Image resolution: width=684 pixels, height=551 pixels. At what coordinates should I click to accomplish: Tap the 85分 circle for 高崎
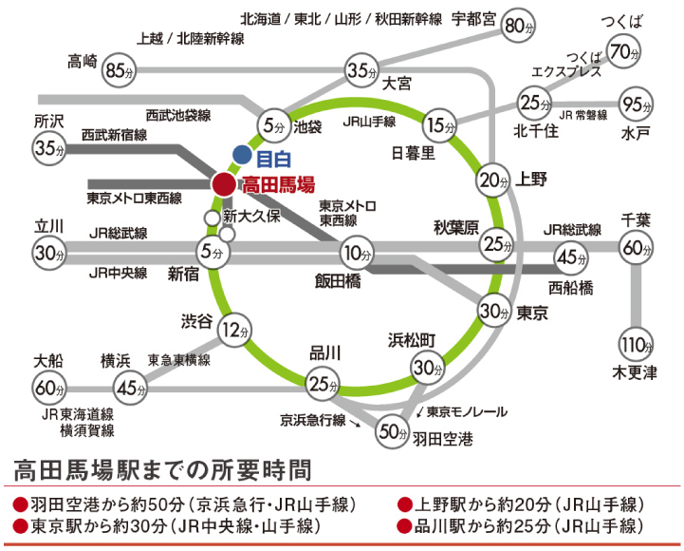[x=118, y=68]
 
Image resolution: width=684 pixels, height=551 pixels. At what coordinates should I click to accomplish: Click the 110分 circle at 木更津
[x=636, y=343]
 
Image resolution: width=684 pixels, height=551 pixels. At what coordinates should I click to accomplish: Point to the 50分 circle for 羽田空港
[x=391, y=430]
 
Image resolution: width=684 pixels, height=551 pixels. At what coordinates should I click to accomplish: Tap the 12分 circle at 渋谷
[x=232, y=331]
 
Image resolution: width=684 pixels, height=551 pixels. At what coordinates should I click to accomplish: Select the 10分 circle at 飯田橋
[x=356, y=253]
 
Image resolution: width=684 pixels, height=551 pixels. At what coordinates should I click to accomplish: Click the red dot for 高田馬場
[x=223, y=183]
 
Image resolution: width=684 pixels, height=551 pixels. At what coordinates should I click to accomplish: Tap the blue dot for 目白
[x=242, y=153]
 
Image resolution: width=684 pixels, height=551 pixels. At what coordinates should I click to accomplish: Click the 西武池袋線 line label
[x=177, y=115]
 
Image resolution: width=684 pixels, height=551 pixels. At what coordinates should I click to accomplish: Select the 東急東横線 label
[x=178, y=360]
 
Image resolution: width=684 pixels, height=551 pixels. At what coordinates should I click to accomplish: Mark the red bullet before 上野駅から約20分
[x=404, y=503]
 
